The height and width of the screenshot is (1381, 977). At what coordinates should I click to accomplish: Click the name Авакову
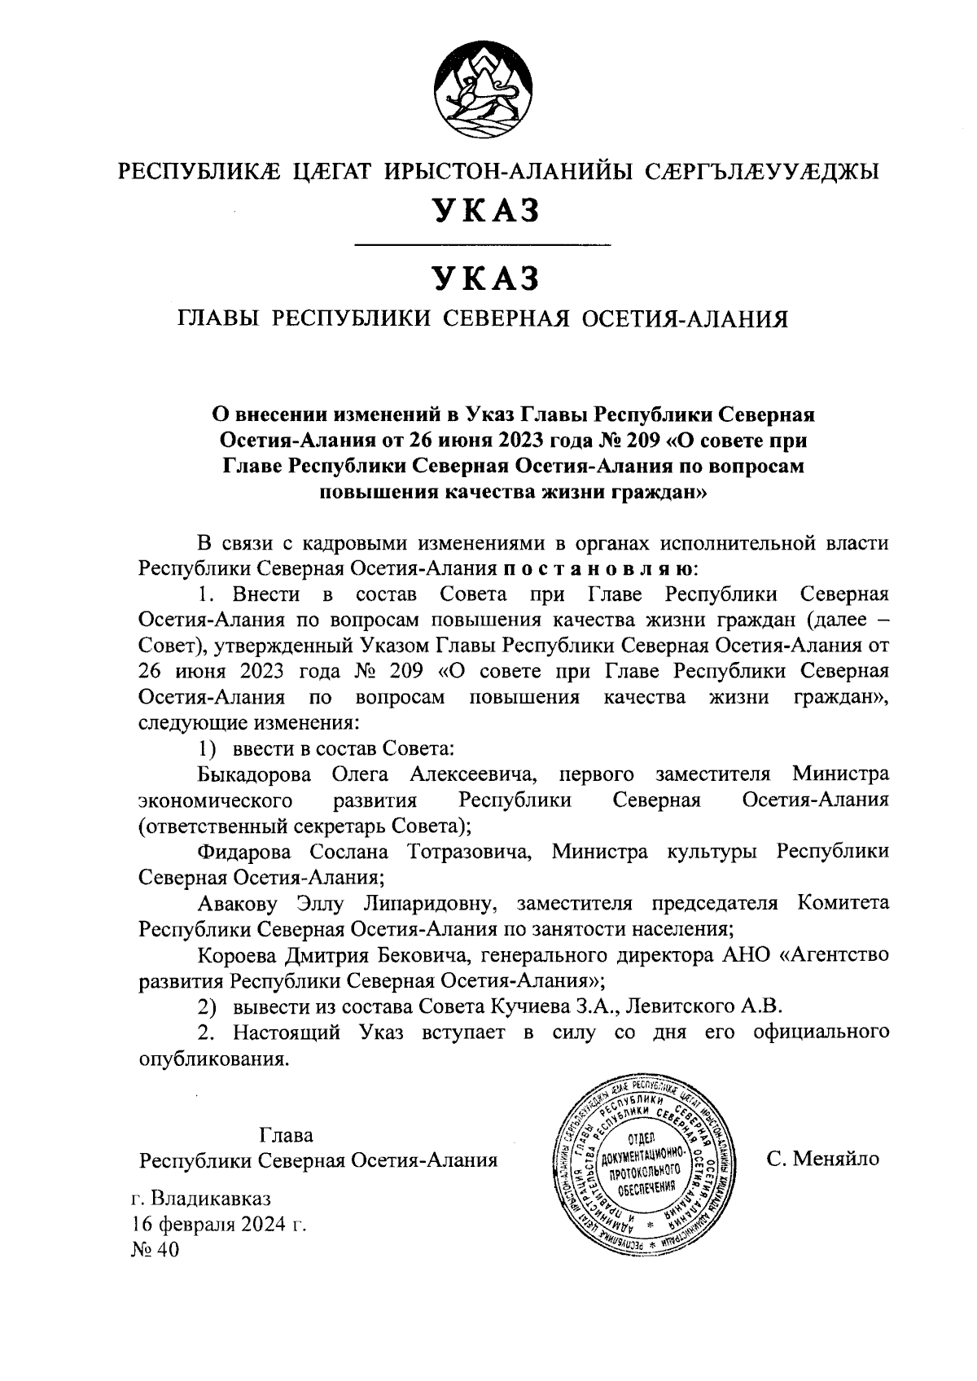237,903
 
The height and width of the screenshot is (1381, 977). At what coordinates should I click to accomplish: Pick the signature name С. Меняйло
822,1159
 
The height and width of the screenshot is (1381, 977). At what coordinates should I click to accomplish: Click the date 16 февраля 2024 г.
218,1224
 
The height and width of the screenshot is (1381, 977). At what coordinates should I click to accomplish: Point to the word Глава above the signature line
286,1135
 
